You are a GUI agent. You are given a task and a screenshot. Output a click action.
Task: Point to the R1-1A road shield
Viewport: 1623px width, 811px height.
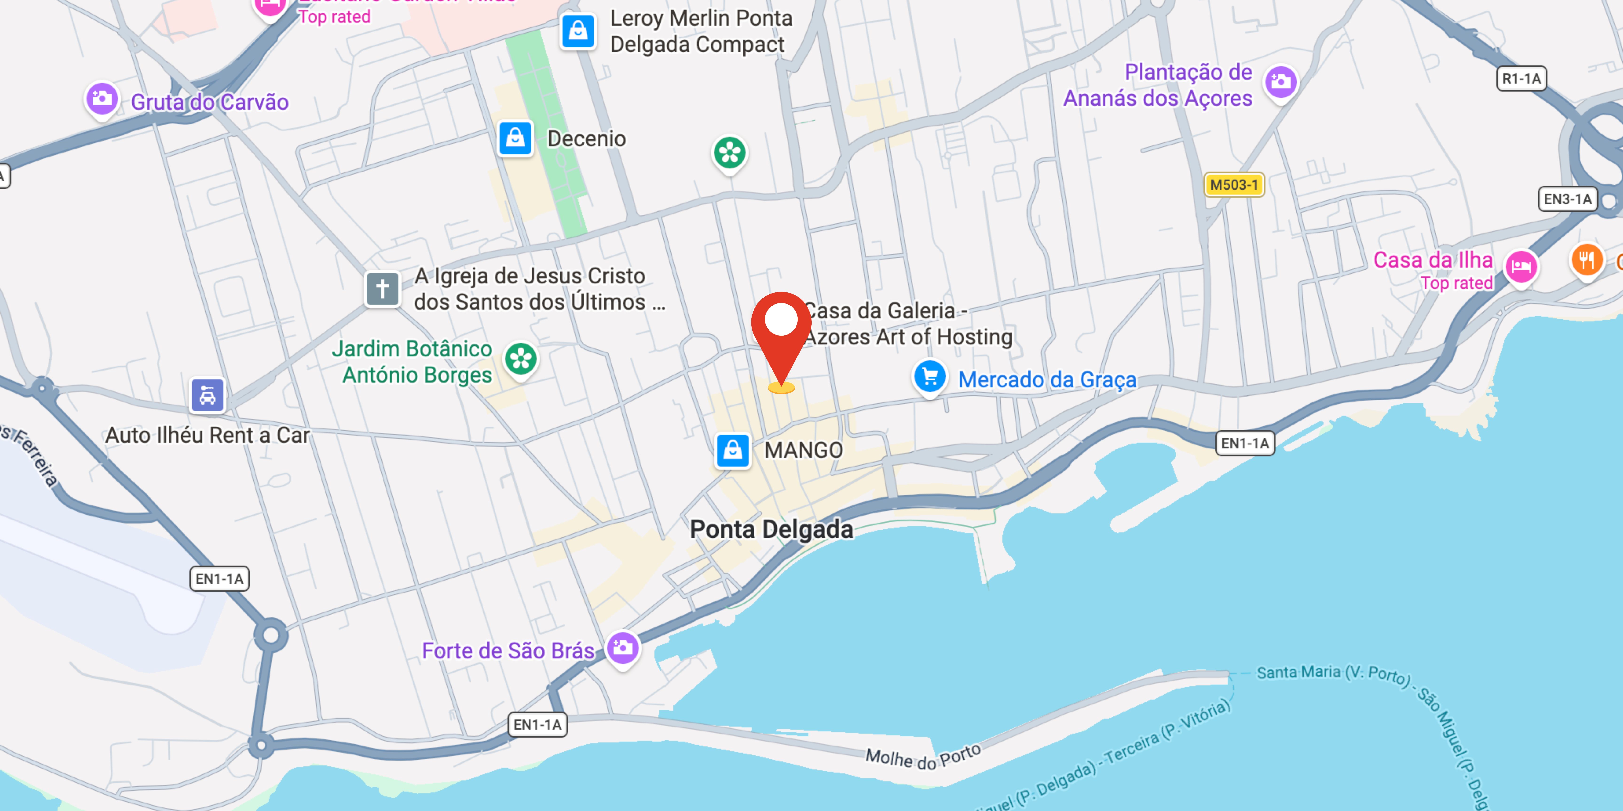[x=1521, y=79]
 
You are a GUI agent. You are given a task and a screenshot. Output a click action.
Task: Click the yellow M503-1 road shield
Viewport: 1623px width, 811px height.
[x=1234, y=185]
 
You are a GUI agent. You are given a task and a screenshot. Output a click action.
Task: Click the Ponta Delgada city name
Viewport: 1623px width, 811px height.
[x=771, y=530]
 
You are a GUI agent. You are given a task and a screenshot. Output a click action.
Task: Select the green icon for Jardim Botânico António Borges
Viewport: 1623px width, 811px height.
[x=520, y=359]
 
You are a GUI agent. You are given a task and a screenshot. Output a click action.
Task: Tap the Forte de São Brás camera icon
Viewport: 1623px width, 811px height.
[x=622, y=648]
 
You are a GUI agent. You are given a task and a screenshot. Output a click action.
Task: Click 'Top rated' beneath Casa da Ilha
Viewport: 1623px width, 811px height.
[x=1456, y=283]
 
